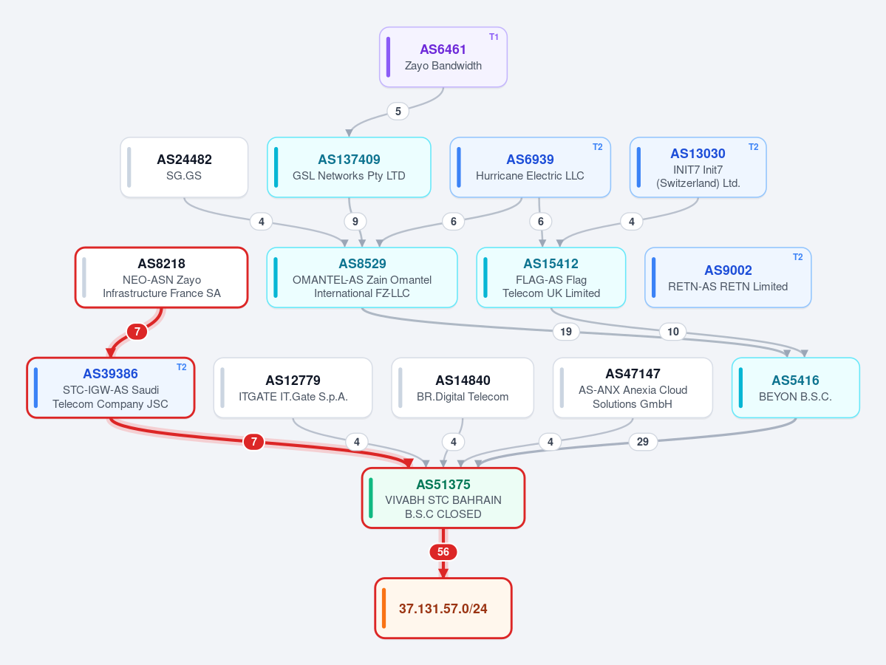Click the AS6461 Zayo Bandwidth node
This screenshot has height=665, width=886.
[x=443, y=57]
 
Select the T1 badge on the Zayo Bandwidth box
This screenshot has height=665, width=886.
[x=494, y=37]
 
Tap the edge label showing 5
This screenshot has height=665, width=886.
[x=398, y=112]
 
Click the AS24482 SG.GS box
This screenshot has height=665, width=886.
[x=184, y=167]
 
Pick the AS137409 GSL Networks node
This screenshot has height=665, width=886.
[x=349, y=167]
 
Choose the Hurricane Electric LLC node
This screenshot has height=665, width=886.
[x=530, y=167]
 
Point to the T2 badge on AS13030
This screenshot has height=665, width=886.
[x=753, y=147]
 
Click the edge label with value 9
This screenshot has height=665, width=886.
[x=355, y=222]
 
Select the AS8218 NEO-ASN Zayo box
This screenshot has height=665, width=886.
[x=162, y=277]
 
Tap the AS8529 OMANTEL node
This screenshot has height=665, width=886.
[x=361, y=277]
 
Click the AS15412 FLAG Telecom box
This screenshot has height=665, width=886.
[x=551, y=277]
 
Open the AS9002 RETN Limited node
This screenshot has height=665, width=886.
[x=728, y=277]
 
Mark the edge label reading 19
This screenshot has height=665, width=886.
[x=565, y=332]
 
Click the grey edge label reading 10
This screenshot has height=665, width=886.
[x=673, y=332]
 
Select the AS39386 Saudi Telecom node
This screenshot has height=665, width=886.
[x=111, y=388]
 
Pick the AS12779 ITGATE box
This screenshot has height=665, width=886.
[x=293, y=388]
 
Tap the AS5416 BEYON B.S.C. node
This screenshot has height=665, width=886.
[x=796, y=388]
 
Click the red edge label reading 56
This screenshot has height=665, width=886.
[x=443, y=552]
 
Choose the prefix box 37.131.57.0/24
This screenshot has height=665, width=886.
[x=443, y=608]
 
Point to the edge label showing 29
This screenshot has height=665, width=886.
[x=642, y=442]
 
